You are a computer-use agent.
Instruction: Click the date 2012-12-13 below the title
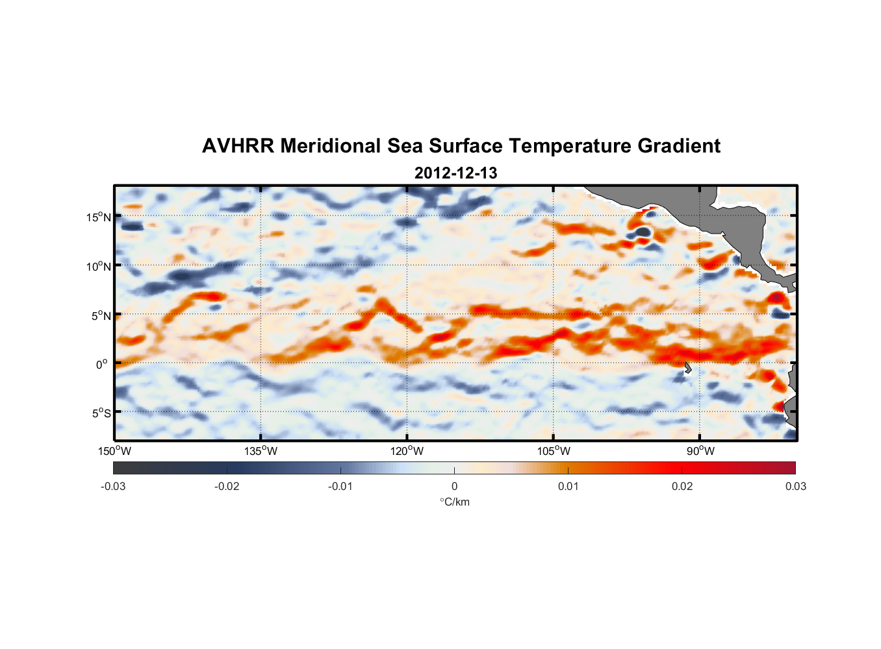pos(455,173)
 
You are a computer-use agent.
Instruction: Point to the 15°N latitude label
pos(99,217)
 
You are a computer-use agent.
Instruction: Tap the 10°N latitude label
pos(99,266)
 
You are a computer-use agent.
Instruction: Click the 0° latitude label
pos(102,365)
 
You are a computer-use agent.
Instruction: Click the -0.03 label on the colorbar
pos(113,486)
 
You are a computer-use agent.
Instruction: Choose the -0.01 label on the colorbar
pos(340,486)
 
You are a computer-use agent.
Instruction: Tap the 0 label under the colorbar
pos(454,486)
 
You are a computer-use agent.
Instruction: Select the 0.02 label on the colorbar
pos(682,486)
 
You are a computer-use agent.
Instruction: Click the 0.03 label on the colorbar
pos(795,486)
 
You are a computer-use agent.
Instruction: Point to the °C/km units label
pos(454,502)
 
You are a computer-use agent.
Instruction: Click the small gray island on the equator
pos(687,367)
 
